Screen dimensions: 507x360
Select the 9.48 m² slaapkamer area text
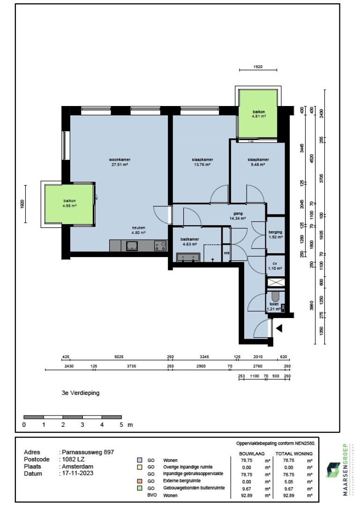[x=258, y=165]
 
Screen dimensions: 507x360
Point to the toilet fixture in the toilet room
[x=275, y=297]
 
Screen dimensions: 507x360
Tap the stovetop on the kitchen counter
[x=160, y=245]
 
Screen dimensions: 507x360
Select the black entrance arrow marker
[x=279, y=329]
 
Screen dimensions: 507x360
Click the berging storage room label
[x=275, y=232]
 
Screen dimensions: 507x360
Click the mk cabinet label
[x=226, y=253]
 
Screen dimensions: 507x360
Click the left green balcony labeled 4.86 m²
[x=70, y=204]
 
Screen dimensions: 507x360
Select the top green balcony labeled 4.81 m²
[x=259, y=113]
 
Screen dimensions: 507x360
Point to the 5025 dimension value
[x=118, y=357]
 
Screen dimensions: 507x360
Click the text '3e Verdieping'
[x=77, y=393]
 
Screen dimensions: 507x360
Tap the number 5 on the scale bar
[x=121, y=425]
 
